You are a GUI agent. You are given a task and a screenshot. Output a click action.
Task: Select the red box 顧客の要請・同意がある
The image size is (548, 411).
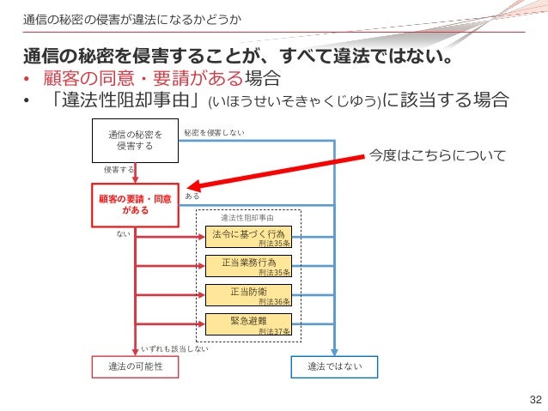point(134,203)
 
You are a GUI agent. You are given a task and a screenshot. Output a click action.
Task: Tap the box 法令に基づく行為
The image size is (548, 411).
point(248,236)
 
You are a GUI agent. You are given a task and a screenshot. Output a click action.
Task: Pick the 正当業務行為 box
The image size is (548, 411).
point(248,265)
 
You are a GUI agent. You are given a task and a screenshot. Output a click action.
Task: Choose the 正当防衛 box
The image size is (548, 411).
point(248,294)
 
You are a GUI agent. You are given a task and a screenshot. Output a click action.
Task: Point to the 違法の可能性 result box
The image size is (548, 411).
point(135,366)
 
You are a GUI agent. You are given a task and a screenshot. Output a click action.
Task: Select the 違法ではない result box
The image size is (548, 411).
point(335,366)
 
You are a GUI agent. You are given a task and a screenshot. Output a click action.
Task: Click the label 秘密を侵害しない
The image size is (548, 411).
point(214,132)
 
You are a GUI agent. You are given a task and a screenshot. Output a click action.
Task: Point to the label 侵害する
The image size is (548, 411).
point(118,170)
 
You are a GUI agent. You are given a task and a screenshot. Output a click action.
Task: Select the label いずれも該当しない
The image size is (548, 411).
point(174,349)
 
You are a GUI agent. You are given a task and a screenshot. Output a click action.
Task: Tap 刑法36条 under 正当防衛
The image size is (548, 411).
point(275,302)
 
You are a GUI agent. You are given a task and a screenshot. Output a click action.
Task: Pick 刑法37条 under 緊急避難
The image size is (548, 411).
point(275,331)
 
